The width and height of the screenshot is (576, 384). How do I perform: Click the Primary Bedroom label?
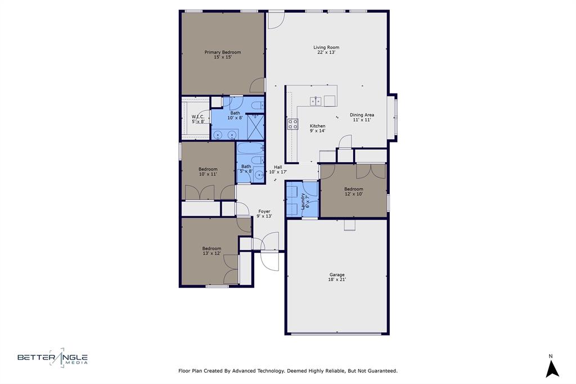click(223, 55)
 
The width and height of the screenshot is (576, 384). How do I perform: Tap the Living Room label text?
click(326, 50)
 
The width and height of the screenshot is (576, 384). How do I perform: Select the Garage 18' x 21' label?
click(337, 277)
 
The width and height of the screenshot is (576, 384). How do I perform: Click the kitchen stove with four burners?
click(292, 124)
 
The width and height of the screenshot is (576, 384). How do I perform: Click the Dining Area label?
click(362, 117)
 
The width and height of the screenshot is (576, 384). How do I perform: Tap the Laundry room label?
click(305, 201)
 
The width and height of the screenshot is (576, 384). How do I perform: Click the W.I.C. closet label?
click(198, 119)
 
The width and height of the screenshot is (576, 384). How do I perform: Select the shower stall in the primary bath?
click(256, 127)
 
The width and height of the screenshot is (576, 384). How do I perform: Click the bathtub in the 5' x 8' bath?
click(250, 148)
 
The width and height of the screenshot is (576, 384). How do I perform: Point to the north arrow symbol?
click(552, 369)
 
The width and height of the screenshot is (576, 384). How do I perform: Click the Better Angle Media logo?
click(52, 358)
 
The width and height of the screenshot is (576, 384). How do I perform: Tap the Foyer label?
click(264, 214)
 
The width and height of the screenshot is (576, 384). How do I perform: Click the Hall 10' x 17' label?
click(278, 169)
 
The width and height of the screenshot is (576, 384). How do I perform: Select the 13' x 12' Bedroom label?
click(211, 251)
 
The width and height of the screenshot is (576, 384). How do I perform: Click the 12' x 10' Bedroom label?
click(353, 191)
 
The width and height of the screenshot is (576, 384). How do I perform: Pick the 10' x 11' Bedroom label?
click(208, 171)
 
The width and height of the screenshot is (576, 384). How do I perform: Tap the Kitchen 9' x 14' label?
click(317, 128)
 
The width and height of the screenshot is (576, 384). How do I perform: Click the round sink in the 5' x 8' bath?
click(259, 175)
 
